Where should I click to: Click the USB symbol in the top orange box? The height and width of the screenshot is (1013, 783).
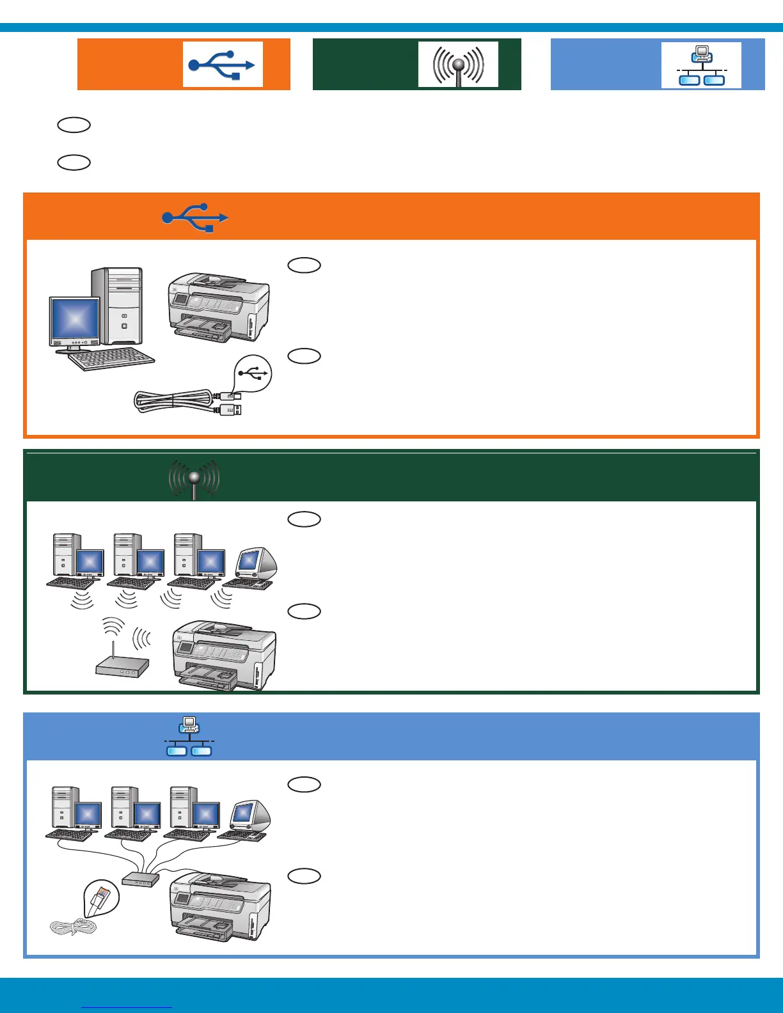(x=222, y=65)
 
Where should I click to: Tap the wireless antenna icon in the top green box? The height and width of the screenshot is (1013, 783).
(x=458, y=65)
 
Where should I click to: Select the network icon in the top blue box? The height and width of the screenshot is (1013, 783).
(x=701, y=65)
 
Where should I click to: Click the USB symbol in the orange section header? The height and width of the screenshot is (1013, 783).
(x=195, y=217)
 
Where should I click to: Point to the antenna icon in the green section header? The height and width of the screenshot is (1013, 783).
(x=194, y=478)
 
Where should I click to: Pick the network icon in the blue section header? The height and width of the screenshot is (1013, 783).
(x=189, y=737)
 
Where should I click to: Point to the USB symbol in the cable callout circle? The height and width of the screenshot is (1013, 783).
(x=253, y=373)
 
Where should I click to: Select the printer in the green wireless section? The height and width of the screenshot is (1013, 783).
(x=225, y=656)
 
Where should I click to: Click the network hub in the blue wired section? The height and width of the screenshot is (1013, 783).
(x=140, y=879)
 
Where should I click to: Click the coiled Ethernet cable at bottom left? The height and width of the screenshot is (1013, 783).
(x=73, y=927)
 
